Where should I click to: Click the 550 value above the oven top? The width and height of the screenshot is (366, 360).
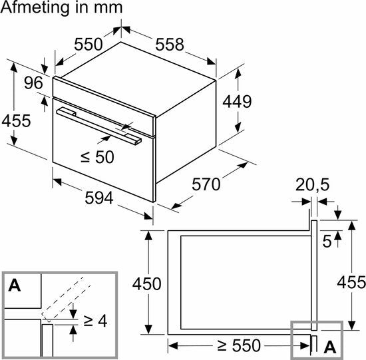point(88,45)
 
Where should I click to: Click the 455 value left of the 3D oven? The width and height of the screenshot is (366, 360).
point(16,121)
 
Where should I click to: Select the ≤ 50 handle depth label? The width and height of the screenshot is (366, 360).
point(98,158)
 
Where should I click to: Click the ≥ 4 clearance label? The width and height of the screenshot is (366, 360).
point(95,321)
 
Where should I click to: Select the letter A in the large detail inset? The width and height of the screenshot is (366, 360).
point(15,287)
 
